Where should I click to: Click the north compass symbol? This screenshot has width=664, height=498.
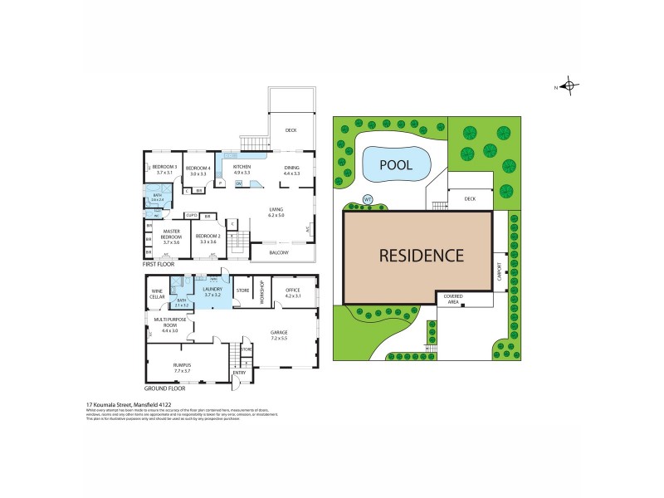pos(569,85)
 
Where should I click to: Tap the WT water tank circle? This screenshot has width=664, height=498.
pos(368,199)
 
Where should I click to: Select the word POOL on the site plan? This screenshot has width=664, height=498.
pos(396,164)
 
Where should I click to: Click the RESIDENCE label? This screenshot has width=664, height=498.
pos(422,255)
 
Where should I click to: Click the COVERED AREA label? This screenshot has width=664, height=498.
pos(453,299)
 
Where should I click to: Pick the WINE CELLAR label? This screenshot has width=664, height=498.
pos(157,293)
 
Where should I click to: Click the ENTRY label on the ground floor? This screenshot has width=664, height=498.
pos(239,373)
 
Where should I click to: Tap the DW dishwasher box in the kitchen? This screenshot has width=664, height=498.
pos(238,183)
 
